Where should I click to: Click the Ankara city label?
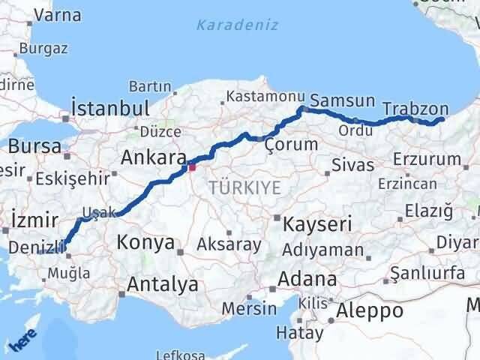(x=153, y=159)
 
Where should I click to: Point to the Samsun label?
(x=342, y=100)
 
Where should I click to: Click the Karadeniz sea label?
(x=237, y=25)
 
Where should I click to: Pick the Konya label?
(x=146, y=243)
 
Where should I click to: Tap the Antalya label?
(x=163, y=284)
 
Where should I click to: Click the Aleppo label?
(x=370, y=310)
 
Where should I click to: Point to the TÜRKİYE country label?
(x=245, y=188)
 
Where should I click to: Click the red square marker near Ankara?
(x=192, y=167)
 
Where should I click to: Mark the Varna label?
(x=58, y=15)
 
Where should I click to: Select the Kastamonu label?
(x=265, y=97)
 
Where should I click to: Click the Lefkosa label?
(x=180, y=355)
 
